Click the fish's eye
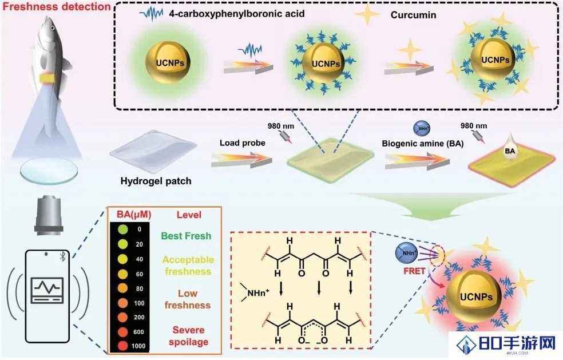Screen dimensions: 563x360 (x=53, y=27)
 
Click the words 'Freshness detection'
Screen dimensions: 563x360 (x=57, y=6)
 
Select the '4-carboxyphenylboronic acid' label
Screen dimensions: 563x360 (x=237, y=14)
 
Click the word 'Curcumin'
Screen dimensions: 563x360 (x=413, y=15)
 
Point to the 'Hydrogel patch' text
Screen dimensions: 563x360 (x=156, y=181)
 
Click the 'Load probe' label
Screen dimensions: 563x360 (x=243, y=143)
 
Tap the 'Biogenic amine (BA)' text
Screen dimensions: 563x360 (x=423, y=144)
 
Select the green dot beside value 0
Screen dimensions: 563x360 (x=123, y=229)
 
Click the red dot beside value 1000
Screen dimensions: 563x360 (x=123, y=346)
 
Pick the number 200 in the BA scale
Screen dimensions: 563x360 (x=139, y=317)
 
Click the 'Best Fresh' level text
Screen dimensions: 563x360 (x=186, y=236)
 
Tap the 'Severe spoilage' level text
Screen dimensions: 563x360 (x=188, y=336)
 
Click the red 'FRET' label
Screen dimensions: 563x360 (x=414, y=271)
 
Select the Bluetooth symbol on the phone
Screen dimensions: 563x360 (x=62, y=256)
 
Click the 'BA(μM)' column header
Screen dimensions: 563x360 (x=134, y=215)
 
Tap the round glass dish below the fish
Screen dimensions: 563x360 (x=49, y=171)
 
